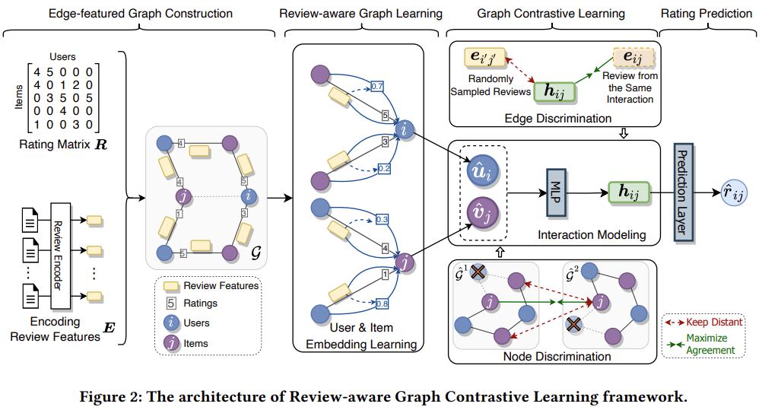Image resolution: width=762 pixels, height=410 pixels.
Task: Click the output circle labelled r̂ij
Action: (735, 193)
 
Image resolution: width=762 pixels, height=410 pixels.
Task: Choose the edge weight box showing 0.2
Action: (384, 169)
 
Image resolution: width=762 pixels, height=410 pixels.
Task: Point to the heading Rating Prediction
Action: (706, 14)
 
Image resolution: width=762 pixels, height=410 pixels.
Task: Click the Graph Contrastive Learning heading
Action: (551, 14)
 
